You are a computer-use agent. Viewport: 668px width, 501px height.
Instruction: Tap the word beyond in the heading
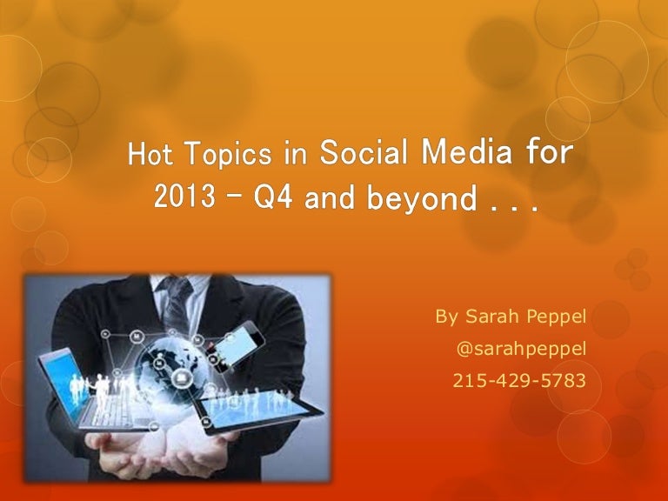[x=432, y=200]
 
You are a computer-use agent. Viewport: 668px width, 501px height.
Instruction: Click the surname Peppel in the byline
[x=554, y=317]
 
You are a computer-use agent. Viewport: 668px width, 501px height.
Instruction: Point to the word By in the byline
[x=446, y=317]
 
